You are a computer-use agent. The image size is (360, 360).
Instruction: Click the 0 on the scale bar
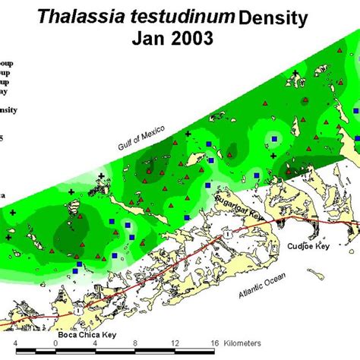[55, 343]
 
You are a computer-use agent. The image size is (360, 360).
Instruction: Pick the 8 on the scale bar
[135, 343]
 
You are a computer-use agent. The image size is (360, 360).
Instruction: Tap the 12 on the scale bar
[175, 343]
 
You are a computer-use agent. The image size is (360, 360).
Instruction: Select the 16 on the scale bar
[215, 343]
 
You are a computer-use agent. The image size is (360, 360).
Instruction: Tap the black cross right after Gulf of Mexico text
[188, 134]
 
